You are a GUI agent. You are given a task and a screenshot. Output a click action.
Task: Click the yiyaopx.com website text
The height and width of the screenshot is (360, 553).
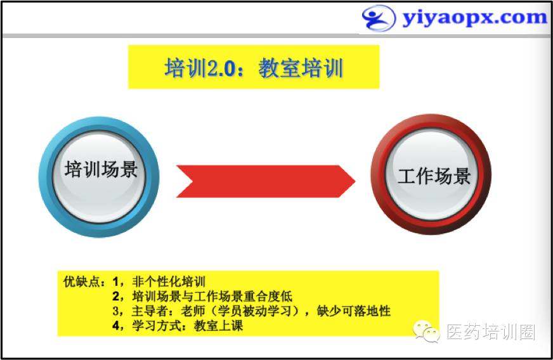coord(474,18)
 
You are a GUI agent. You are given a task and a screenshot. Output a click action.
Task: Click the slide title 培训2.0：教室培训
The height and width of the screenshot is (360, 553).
coord(254,67)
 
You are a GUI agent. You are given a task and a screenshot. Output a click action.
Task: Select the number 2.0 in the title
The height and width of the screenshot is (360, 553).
coord(221,68)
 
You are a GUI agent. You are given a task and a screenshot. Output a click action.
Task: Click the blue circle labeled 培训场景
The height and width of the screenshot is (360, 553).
coord(99,177)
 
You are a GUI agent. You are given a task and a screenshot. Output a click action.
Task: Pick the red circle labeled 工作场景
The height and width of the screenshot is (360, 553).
coord(431,174)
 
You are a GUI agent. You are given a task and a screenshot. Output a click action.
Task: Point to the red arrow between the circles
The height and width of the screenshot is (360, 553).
coord(266,181)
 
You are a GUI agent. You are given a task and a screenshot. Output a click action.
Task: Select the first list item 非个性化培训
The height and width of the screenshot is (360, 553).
coord(169,281)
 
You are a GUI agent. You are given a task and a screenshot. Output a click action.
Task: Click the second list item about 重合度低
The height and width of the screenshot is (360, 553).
coord(212,296)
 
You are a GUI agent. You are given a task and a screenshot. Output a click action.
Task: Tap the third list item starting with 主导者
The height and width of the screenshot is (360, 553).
coord(261,311)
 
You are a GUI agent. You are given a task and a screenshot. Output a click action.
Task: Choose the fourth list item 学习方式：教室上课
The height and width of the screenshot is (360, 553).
coord(188,325)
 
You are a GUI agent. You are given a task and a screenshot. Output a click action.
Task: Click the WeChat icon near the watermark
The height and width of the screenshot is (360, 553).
coord(427,331)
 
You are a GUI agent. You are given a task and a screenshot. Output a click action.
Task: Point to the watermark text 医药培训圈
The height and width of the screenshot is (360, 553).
coord(491,332)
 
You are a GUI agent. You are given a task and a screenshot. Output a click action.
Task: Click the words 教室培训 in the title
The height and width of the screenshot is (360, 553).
coord(301,67)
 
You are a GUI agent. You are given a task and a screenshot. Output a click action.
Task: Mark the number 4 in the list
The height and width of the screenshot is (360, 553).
coord(116,325)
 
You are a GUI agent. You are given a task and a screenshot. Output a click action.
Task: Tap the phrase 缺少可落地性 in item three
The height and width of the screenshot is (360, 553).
coord(354,311)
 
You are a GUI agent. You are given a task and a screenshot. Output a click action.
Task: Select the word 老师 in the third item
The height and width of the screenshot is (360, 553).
coord(193,311)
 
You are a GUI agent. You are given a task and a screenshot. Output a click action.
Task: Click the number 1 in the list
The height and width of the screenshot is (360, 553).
coord(116,281)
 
